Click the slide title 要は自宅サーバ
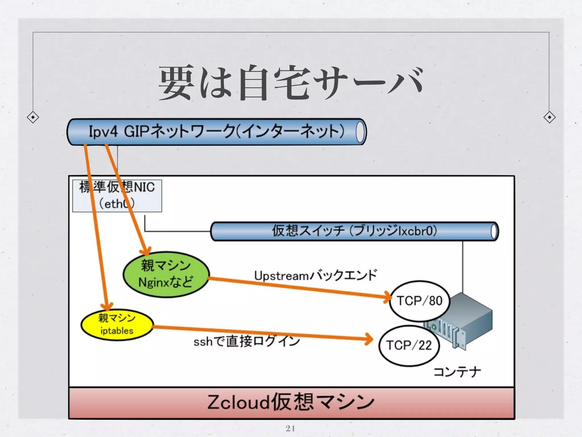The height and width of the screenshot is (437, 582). (290, 83)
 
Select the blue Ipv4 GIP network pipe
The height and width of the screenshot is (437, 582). (216, 132)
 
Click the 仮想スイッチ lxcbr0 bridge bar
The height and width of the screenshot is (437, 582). (354, 231)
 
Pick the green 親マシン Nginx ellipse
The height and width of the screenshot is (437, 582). (166, 274)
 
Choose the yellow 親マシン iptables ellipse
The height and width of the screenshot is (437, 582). (117, 325)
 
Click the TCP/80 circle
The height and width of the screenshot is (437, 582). (420, 301)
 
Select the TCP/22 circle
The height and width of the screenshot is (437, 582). (409, 345)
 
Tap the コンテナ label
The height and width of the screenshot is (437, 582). (457, 372)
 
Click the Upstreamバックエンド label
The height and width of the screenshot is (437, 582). (315, 275)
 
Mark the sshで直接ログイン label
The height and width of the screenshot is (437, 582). (247, 341)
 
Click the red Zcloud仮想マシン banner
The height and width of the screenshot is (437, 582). (291, 402)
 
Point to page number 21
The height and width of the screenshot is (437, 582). (290, 428)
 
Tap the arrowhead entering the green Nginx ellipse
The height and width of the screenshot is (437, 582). (146, 251)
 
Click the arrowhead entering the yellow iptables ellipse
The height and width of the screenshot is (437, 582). (107, 306)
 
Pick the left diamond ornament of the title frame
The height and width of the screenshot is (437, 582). (33, 117)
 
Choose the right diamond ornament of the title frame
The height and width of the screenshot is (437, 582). (549, 117)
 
